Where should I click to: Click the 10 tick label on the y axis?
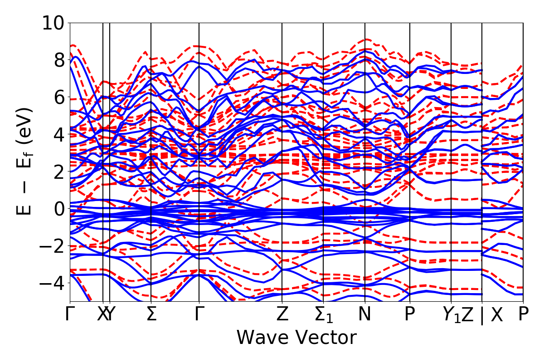point(53,23)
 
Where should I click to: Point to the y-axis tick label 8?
point(58,60)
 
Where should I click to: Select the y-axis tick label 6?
point(58,97)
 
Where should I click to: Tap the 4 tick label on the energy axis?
point(58,134)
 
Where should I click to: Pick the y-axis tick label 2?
point(58,172)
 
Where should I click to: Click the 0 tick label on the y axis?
point(58,209)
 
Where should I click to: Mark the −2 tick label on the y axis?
point(53,246)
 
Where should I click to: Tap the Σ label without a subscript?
point(151,314)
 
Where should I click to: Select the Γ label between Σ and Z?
point(199,314)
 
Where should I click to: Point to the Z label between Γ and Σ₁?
point(282,314)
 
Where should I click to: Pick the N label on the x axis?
point(365,314)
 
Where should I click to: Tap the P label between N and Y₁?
point(410,314)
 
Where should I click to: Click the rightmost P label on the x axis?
point(524,314)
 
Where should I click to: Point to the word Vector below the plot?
point(324,338)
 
